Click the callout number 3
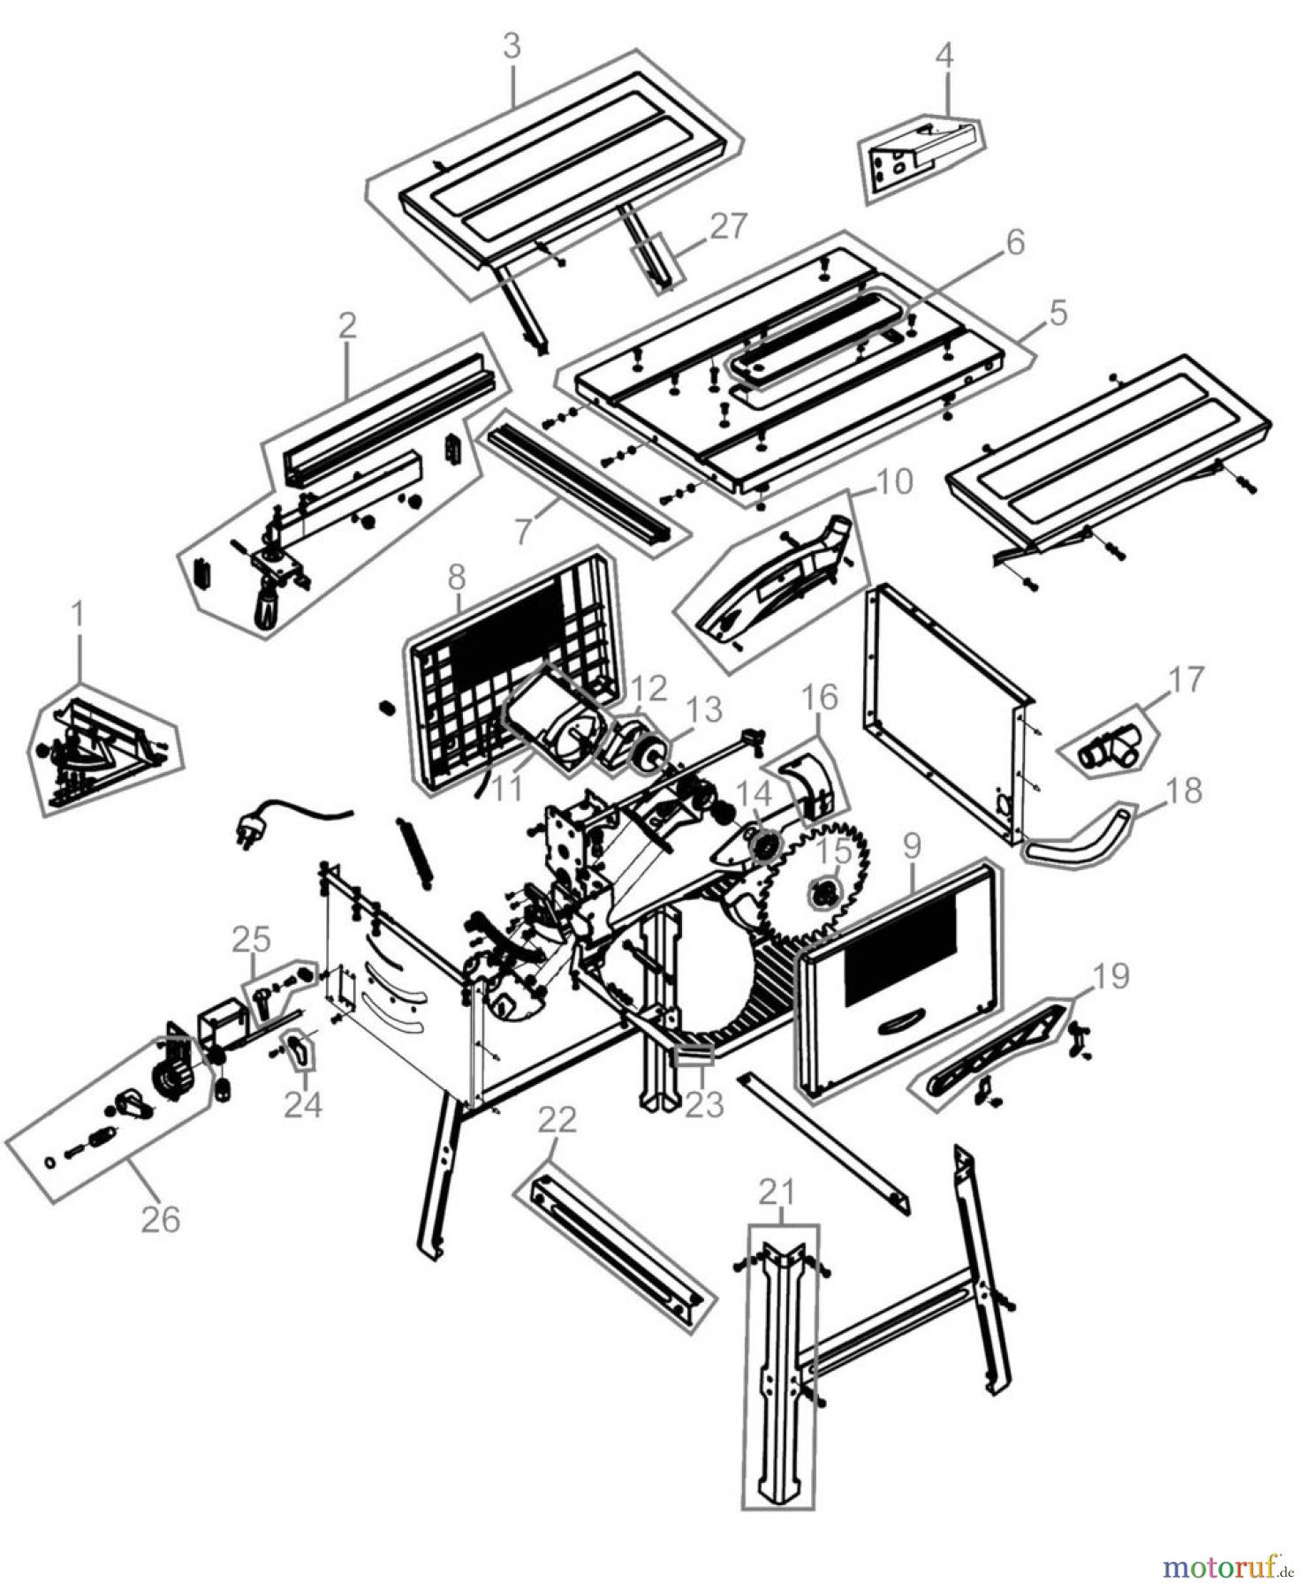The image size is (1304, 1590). tap(512, 47)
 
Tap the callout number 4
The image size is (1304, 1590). tap(944, 56)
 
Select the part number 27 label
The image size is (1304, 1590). tap(729, 226)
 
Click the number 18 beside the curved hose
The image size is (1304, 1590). tap(1183, 791)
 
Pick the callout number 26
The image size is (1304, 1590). tap(160, 1219)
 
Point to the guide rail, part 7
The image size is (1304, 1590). tap(583, 481)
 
